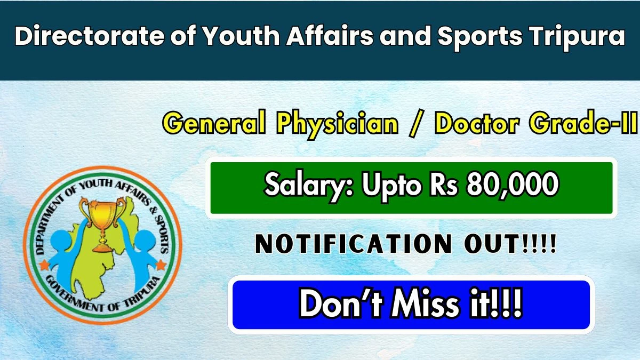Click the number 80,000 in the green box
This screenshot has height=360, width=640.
[512, 186]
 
